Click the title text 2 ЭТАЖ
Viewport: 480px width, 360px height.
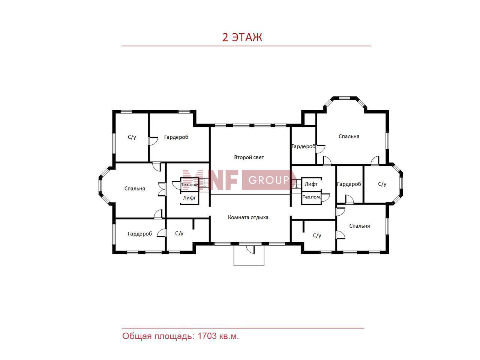pyautogui.click(x=242, y=37)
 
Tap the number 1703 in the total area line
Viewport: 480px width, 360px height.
pyautogui.click(x=207, y=336)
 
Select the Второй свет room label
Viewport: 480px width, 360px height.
pyautogui.click(x=249, y=157)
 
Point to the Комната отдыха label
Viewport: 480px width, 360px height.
pyautogui.click(x=248, y=217)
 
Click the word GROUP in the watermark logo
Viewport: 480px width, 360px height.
pyautogui.click(x=269, y=180)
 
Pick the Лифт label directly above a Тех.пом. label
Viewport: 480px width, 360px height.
pyautogui.click(x=311, y=184)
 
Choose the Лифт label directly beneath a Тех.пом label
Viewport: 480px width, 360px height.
pyautogui.click(x=189, y=198)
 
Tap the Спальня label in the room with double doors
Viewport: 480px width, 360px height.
pyautogui.click(x=135, y=188)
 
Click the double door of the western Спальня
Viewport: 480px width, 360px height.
pyautogui.click(x=161, y=189)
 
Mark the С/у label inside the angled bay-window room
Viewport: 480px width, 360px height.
pyautogui.click(x=382, y=184)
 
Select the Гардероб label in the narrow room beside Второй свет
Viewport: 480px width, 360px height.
pyautogui.click(x=303, y=146)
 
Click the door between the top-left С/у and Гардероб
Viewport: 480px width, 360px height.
pyautogui.click(x=153, y=141)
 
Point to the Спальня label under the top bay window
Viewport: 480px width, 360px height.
pyautogui.click(x=349, y=136)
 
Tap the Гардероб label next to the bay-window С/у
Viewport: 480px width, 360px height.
pyautogui.click(x=349, y=184)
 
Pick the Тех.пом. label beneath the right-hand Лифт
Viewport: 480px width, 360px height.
pyautogui.click(x=312, y=197)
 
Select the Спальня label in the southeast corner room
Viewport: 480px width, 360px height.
pyautogui.click(x=360, y=226)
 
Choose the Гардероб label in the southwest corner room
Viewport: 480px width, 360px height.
pyautogui.click(x=140, y=234)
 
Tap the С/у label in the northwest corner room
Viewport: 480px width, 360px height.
pyautogui.click(x=132, y=137)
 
